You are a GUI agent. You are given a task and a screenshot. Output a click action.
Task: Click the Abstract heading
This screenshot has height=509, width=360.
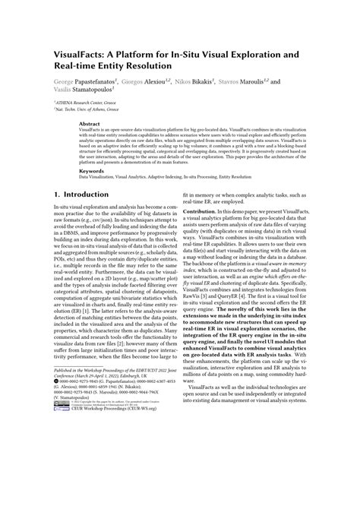(x=90, y=122)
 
